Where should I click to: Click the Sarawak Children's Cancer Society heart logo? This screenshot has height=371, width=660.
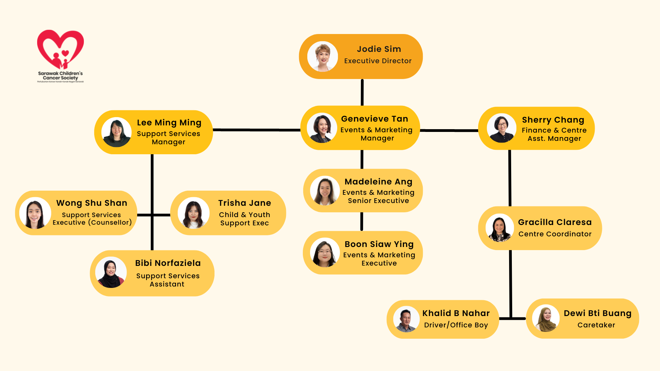point(60,50)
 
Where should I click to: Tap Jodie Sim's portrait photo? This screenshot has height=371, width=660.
point(322,57)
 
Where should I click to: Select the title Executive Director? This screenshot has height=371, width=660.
point(378,61)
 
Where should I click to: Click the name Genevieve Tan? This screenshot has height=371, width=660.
point(374,119)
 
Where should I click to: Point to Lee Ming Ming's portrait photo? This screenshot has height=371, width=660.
point(117,132)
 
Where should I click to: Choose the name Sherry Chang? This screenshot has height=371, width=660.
point(553,120)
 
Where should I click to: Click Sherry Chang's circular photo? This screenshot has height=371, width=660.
point(502,128)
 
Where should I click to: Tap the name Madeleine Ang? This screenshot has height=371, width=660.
point(378,182)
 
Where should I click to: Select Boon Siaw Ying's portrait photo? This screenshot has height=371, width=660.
point(325,252)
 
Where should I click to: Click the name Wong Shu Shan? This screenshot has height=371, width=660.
point(92,203)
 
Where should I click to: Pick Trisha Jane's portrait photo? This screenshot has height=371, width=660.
point(194,213)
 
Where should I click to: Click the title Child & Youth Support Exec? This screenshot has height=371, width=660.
point(244,219)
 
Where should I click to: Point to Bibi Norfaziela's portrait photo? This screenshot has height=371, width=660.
point(111,272)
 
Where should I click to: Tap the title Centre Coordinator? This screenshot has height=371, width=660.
point(555,234)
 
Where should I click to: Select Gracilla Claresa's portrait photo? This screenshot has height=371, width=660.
point(499,228)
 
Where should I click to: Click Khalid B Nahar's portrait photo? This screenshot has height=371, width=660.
point(406,319)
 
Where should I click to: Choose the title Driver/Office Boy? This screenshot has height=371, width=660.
point(456,325)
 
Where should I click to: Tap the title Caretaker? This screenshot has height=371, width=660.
point(596,325)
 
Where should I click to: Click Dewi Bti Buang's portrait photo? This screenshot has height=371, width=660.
point(546,318)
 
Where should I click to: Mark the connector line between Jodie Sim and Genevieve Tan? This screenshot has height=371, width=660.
point(362,92)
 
